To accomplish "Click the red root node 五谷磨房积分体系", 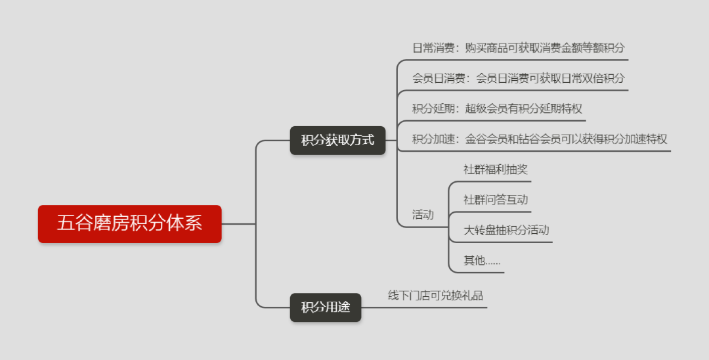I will coord(129,224).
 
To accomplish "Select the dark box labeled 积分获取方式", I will coord(337,140).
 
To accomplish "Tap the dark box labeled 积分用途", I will coord(326,307).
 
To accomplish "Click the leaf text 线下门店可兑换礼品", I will coord(435,296).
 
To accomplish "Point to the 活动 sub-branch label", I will coord(423,214).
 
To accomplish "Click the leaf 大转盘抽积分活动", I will coord(506,230).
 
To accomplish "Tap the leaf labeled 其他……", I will coord(482,260).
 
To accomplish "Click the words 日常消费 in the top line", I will coord(432,48).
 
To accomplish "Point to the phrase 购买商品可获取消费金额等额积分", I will coord(544,48).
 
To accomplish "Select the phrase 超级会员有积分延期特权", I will coord(523,108).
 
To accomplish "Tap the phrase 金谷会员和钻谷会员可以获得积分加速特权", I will coord(566,139).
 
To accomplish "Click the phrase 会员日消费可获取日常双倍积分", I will coord(549,78).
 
